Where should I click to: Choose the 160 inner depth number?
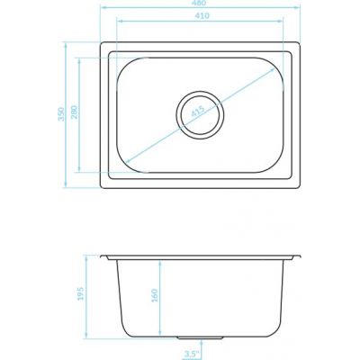click(x=156, y=296)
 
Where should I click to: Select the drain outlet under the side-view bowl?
click(x=198, y=338)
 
